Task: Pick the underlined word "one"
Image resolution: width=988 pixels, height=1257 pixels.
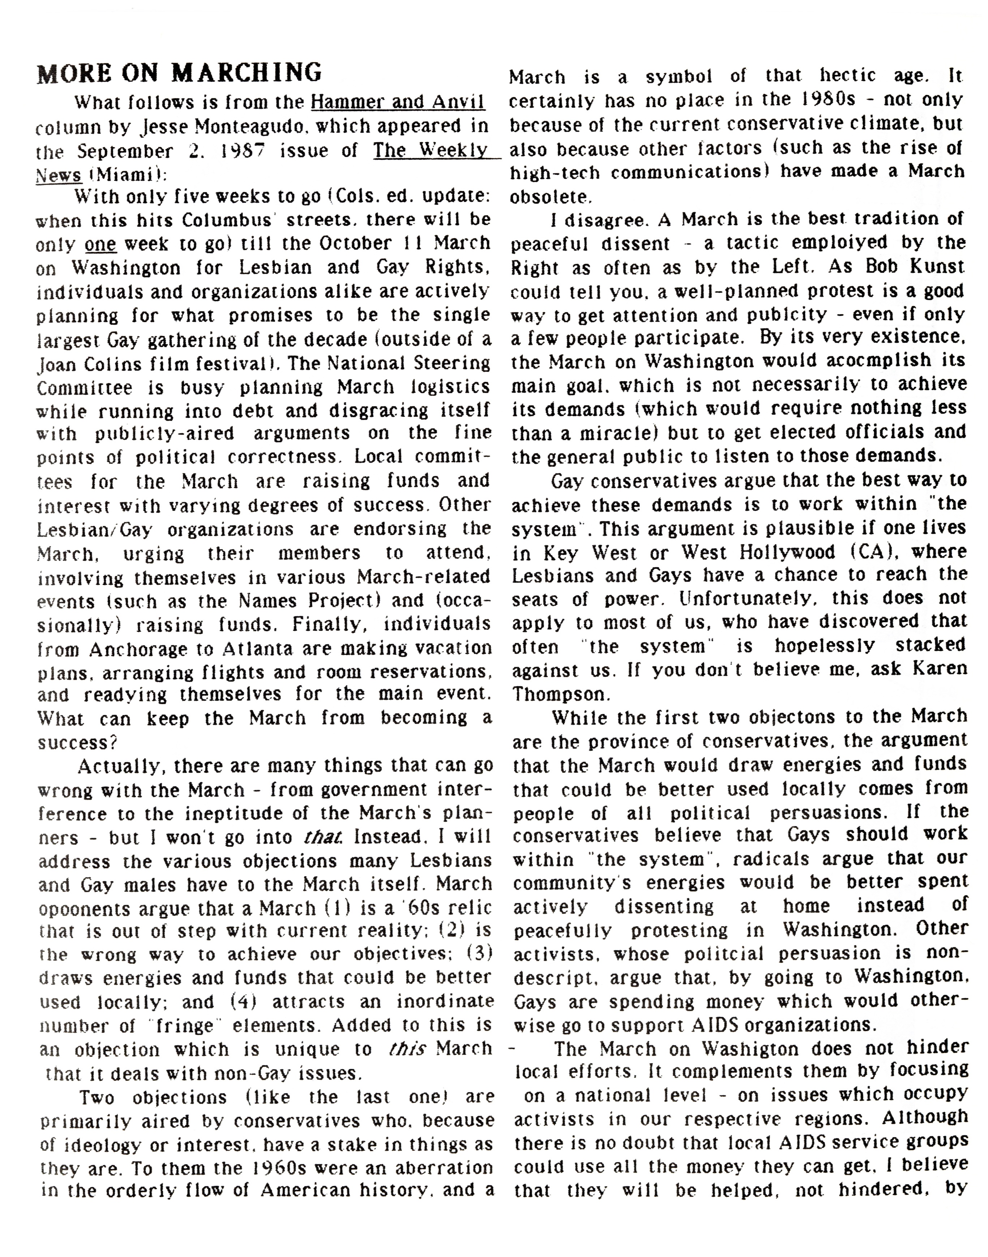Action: coord(100,244)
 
